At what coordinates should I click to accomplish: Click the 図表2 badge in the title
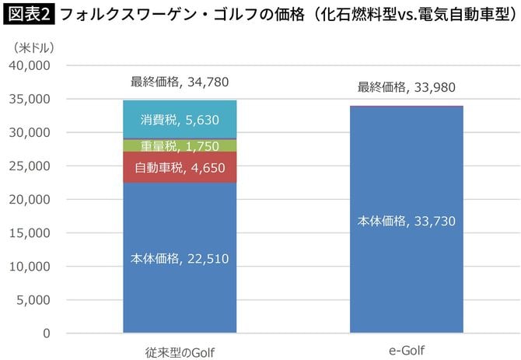point(28,15)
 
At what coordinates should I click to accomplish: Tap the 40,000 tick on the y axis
point(29,66)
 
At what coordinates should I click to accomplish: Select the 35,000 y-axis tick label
point(29,100)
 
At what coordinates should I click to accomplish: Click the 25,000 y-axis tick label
point(29,166)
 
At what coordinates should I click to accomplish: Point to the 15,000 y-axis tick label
point(29,233)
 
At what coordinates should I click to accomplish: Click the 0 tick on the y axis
point(47,334)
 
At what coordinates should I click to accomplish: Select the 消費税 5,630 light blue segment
point(180,120)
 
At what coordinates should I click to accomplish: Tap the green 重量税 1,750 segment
point(180,145)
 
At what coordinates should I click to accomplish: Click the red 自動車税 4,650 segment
point(180,167)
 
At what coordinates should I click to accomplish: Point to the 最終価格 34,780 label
point(180,82)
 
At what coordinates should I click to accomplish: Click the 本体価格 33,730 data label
point(406,221)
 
